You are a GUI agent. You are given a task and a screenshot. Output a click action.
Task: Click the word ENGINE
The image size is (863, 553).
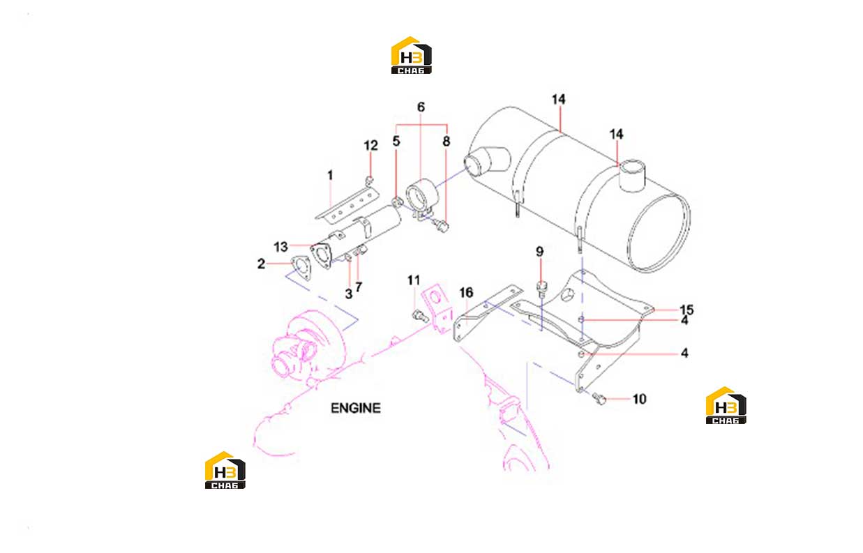[x=356, y=408]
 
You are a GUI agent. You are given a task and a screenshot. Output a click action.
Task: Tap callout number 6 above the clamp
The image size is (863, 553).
[x=421, y=107]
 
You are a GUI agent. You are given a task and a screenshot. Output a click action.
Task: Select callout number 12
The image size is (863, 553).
[x=370, y=146]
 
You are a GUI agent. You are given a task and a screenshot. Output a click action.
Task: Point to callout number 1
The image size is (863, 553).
[x=330, y=176]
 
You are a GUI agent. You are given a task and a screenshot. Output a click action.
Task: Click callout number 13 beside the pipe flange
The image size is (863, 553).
[x=281, y=247]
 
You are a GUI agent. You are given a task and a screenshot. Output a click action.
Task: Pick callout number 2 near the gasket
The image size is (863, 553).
[x=261, y=264]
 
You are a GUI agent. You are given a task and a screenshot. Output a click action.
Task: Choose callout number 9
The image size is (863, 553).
[x=540, y=252]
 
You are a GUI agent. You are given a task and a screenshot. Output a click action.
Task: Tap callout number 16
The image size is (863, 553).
[x=466, y=293]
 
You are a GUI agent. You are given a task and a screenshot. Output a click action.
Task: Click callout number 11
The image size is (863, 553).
[x=414, y=280]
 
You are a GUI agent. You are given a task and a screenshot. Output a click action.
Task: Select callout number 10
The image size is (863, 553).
[x=640, y=400]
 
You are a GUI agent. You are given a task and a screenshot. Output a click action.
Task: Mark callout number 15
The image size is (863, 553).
[x=686, y=310]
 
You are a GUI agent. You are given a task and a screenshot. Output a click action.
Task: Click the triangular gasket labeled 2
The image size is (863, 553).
[x=301, y=268]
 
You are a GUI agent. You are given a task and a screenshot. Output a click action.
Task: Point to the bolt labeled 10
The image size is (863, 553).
[x=599, y=399]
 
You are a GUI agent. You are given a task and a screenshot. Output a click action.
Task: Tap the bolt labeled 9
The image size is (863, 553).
[x=541, y=289]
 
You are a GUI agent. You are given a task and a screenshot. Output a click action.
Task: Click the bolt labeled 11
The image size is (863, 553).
[x=420, y=316]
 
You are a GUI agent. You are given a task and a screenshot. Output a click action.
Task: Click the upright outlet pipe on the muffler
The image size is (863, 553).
[x=632, y=176]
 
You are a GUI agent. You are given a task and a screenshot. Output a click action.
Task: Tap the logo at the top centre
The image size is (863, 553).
[x=411, y=56]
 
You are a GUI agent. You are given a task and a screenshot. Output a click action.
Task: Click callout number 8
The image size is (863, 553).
[x=446, y=142]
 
